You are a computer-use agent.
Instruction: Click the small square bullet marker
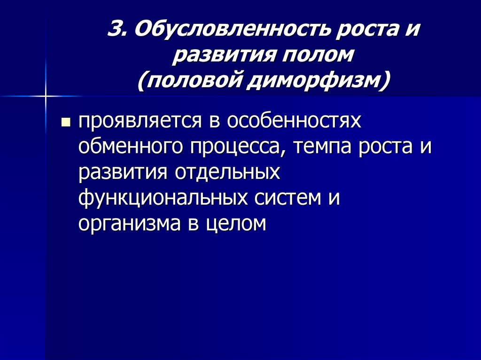point(66,123)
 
